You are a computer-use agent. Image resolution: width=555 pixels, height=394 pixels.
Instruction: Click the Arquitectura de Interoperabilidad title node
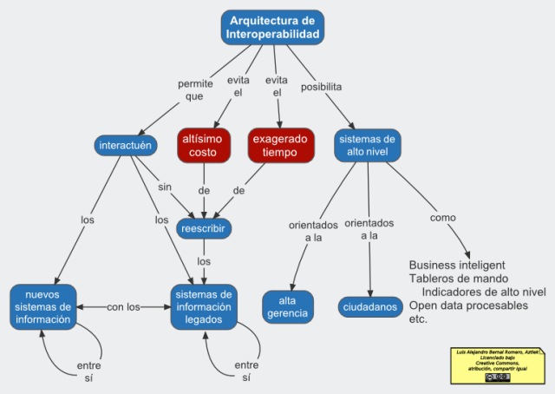click(272, 27)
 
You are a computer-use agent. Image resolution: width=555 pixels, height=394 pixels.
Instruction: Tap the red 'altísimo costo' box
click(203, 145)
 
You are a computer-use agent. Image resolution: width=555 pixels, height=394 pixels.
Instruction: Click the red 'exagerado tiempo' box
click(281, 145)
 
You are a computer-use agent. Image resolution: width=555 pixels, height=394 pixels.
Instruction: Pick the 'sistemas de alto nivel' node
click(367, 145)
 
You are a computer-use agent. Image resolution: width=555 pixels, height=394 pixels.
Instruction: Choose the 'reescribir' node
click(204, 228)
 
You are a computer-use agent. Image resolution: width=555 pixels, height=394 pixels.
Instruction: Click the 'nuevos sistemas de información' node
click(42, 306)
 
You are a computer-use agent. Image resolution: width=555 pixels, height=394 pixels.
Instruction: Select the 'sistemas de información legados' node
click(204, 306)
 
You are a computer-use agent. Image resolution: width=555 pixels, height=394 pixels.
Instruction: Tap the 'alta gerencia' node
click(287, 306)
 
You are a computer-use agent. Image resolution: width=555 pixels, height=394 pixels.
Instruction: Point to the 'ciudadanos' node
click(369, 307)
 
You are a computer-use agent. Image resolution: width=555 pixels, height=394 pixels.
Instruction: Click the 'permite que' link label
click(194, 90)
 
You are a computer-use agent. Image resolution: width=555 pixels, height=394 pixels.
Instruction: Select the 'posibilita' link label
click(320, 87)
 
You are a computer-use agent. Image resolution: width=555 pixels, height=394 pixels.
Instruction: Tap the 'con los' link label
click(123, 306)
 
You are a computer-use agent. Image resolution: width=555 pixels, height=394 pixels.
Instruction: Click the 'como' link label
click(442, 217)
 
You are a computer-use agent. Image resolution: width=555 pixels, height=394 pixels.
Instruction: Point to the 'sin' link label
click(164, 187)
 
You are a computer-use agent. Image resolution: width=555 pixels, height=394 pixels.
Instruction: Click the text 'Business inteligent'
click(457, 265)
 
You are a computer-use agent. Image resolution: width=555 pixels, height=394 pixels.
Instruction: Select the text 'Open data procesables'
click(467, 305)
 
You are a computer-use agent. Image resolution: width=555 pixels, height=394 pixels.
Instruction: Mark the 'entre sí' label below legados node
click(247, 371)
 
